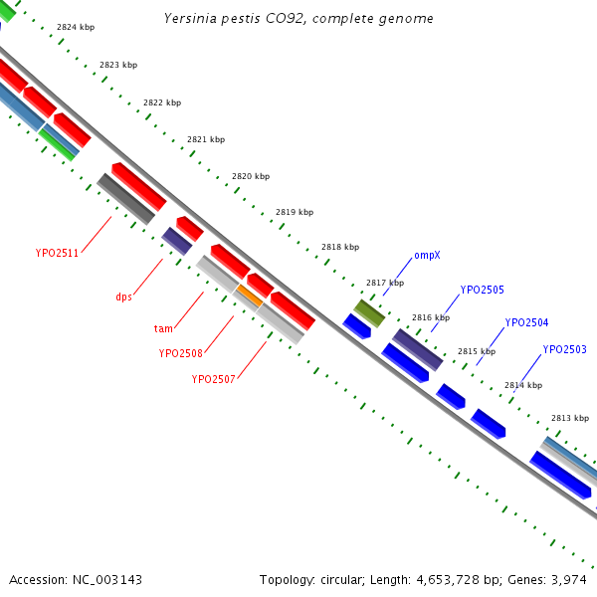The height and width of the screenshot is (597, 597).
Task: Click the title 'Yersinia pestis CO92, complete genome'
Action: click(x=298, y=19)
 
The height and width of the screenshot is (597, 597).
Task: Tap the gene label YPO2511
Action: click(x=57, y=253)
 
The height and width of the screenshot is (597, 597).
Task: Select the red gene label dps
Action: click(x=123, y=297)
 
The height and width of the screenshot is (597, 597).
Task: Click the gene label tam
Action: click(x=163, y=328)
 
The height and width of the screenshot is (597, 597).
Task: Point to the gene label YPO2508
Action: click(x=180, y=353)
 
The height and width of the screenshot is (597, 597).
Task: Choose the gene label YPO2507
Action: click(x=213, y=380)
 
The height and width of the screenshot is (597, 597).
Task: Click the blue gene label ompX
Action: click(x=427, y=255)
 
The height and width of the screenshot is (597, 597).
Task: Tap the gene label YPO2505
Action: click(x=482, y=291)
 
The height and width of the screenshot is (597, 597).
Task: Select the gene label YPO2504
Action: click(x=526, y=322)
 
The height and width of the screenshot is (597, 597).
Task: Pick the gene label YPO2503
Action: click(x=564, y=349)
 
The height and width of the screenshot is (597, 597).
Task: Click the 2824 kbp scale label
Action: click(x=76, y=27)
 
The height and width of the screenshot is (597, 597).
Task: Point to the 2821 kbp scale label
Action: click(x=206, y=139)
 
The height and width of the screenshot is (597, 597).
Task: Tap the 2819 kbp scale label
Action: click(x=295, y=212)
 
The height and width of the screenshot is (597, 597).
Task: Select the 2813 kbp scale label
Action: click(x=570, y=418)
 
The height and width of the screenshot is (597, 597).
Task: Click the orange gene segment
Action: click(x=250, y=296)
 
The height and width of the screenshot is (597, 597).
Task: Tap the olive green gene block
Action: click(x=369, y=313)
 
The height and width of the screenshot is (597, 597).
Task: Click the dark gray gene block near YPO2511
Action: click(x=126, y=199)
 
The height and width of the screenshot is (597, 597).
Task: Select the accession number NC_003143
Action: click(x=107, y=580)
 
